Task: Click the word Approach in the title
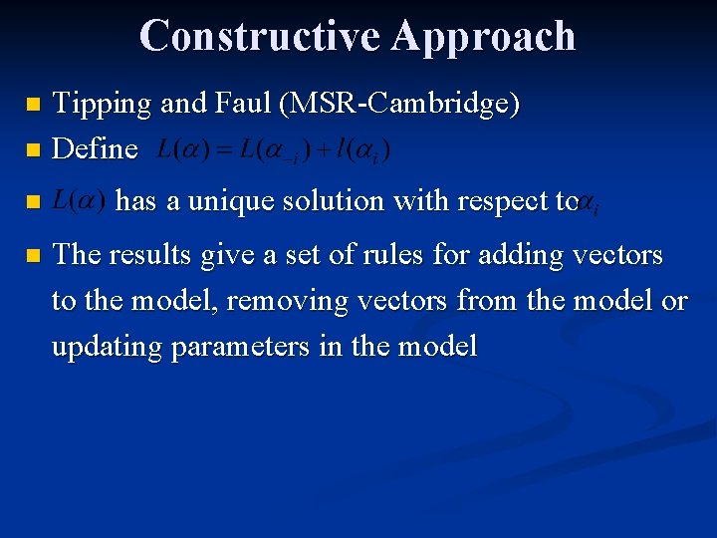point(484,35)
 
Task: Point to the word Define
point(95,149)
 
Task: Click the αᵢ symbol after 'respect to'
point(589,204)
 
